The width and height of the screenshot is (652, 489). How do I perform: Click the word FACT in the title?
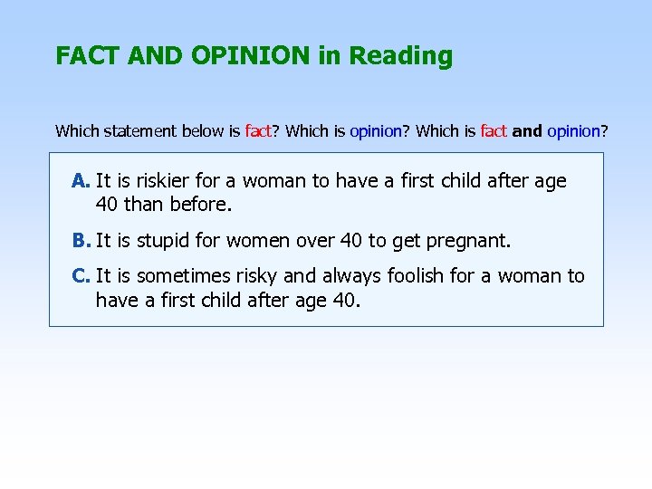click(88, 56)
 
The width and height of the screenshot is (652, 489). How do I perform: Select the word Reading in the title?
click(400, 56)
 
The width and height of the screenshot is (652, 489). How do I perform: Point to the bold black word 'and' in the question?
click(527, 131)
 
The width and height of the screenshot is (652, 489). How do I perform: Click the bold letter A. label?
click(81, 181)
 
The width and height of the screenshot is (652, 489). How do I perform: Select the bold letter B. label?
click(81, 241)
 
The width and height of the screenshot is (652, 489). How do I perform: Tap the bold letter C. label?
click(81, 275)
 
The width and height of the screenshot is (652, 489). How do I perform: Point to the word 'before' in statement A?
click(200, 205)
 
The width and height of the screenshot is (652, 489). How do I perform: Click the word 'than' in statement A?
click(142, 205)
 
